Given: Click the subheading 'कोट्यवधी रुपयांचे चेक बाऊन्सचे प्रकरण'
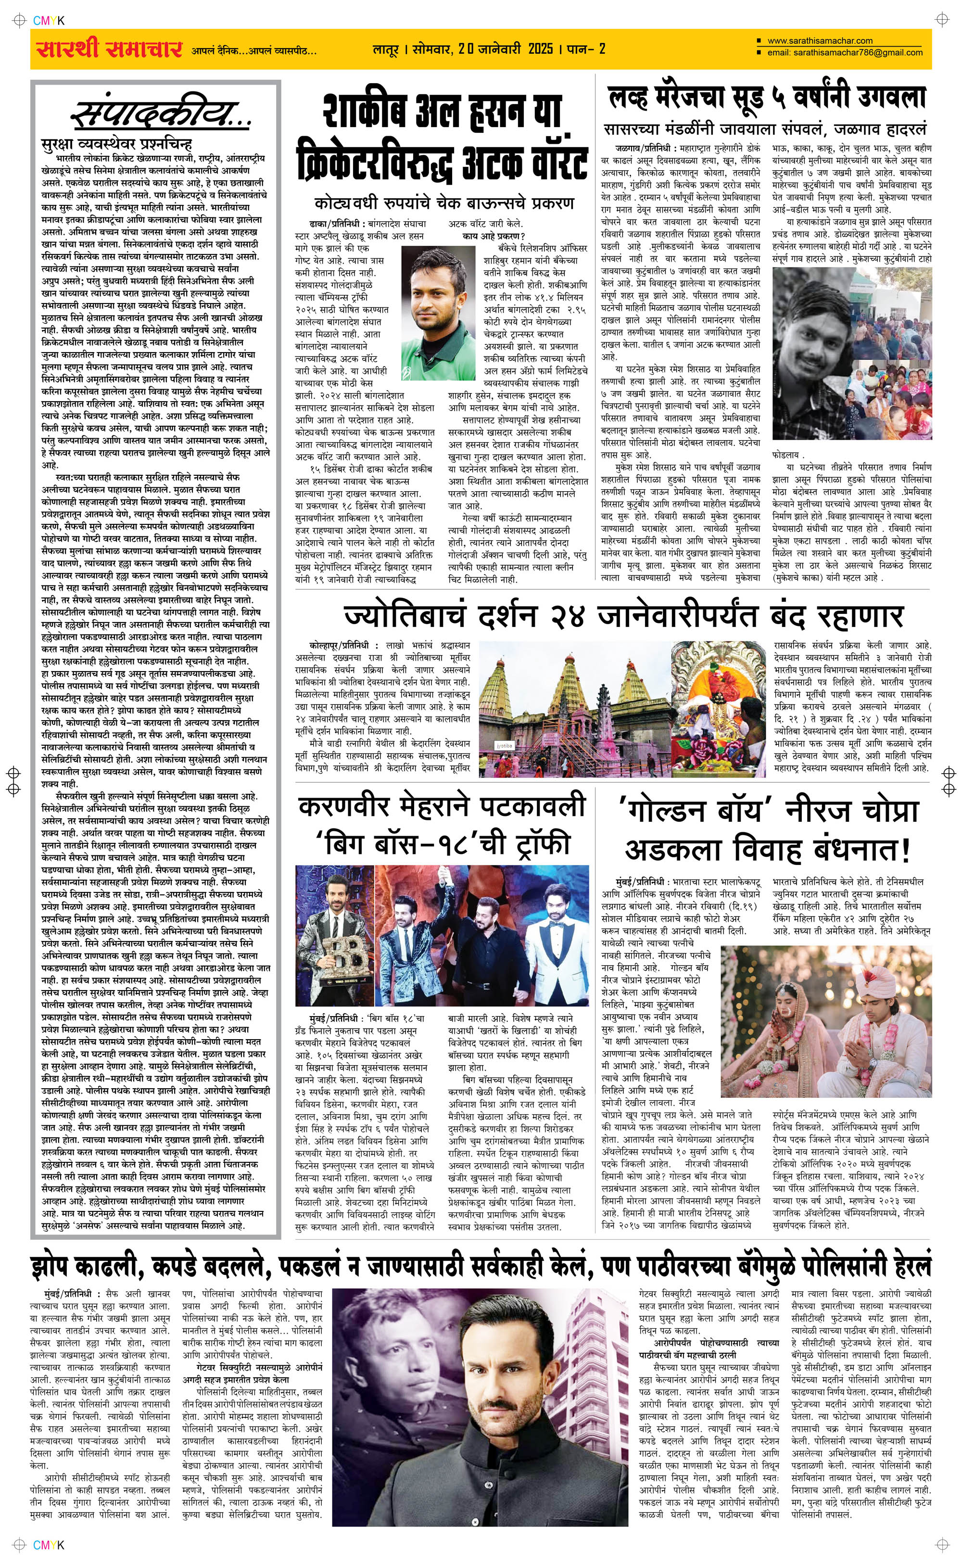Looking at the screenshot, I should (444, 203).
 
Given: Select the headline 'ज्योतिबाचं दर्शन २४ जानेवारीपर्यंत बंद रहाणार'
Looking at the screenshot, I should (623, 616).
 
